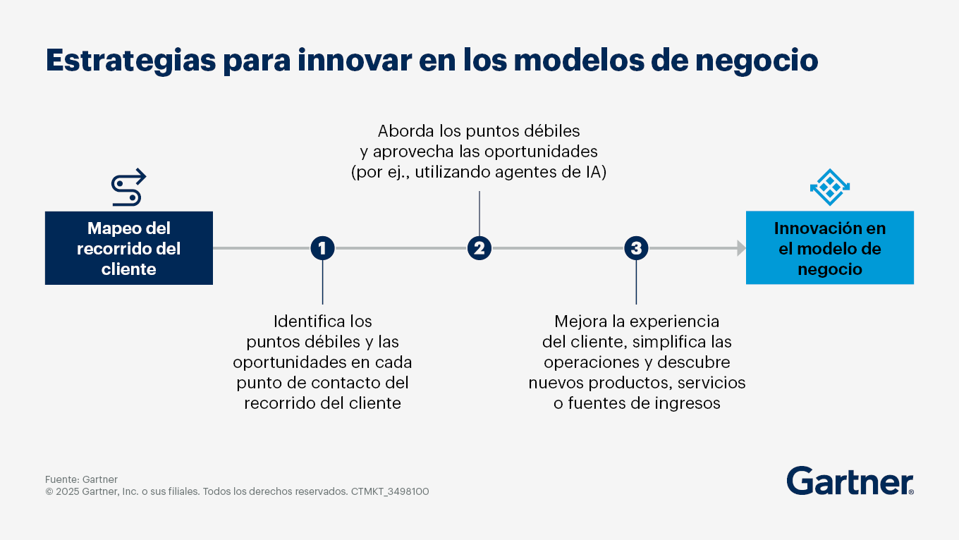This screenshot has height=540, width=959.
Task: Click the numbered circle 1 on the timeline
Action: (322, 248)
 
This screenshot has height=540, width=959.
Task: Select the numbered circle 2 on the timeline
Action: (479, 248)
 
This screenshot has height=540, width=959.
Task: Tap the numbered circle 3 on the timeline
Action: (636, 248)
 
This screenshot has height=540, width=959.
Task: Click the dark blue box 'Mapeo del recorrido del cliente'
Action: (129, 247)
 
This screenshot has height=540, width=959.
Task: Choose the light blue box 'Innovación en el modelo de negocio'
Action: (830, 247)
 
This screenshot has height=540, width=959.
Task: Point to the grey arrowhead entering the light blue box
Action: (742, 248)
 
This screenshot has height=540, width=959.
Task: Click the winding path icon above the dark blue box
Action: (128, 188)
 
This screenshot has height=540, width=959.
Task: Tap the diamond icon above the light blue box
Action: (830, 188)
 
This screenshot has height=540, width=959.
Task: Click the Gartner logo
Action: (850, 481)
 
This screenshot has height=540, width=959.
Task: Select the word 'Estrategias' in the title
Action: (131, 61)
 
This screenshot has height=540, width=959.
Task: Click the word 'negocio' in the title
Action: (757, 61)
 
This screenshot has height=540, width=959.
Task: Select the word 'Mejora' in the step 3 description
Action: (580, 321)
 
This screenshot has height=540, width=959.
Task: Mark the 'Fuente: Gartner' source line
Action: (81, 479)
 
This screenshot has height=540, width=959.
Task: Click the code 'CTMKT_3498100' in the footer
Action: (390, 491)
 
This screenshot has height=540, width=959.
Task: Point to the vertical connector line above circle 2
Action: (479, 214)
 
